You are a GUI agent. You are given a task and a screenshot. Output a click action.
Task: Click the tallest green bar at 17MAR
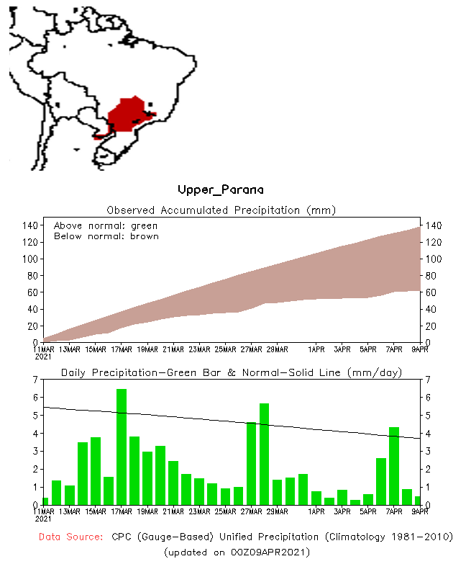(122, 447)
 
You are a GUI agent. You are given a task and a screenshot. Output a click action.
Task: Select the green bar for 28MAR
(264, 454)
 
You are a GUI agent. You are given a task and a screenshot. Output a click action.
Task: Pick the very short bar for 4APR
(355, 502)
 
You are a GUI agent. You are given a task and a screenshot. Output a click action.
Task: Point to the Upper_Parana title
(220, 190)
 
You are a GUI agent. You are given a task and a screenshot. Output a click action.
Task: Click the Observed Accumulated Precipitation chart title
(221, 210)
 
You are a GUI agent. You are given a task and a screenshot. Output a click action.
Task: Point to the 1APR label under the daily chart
(316, 512)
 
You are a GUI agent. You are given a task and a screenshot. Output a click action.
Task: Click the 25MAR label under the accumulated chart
(225, 349)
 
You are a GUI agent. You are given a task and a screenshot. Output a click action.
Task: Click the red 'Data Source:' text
(70, 537)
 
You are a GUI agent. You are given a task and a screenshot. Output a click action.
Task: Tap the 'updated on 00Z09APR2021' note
(237, 552)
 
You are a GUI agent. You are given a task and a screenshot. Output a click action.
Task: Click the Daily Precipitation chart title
(231, 372)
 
